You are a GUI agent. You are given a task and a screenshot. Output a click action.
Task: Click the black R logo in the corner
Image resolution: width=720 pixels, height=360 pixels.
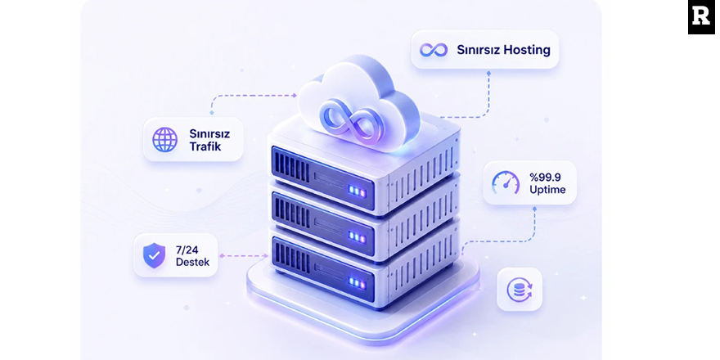(701, 17)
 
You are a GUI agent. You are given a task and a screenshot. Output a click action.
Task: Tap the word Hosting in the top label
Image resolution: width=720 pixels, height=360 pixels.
(527, 50)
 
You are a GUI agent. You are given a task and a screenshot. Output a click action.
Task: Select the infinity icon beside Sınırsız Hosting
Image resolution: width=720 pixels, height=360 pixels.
(434, 50)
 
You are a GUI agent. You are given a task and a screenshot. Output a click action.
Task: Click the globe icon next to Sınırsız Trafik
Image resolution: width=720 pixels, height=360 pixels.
(164, 140)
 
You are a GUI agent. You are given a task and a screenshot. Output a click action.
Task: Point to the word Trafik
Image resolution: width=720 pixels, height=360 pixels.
(205, 147)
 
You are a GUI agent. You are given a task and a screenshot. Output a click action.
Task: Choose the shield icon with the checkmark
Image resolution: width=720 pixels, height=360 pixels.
(155, 255)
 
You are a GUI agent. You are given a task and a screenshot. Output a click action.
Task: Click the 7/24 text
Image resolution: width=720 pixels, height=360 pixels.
(187, 250)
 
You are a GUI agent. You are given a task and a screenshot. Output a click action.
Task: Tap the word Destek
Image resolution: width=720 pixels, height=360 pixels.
(193, 262)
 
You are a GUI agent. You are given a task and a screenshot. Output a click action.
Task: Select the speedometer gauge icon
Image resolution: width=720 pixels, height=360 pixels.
(506, 182)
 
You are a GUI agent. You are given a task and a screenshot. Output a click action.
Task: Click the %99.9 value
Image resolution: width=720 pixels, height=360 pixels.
(545, 177)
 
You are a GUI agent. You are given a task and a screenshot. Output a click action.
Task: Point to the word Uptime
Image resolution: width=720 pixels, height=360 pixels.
(547, 189)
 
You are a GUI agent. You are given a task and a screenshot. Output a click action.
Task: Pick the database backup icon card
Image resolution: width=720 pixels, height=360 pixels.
(520, 290)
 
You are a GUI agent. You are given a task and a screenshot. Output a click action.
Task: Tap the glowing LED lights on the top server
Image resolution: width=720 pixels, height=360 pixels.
(357, 191)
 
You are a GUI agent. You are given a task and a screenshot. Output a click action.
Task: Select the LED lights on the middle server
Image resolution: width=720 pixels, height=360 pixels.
(357, 237)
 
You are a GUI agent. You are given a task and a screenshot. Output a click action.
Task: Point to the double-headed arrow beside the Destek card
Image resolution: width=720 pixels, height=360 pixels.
(243, 256)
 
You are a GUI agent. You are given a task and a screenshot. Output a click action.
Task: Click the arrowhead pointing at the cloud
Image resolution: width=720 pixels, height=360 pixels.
(295, 96)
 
